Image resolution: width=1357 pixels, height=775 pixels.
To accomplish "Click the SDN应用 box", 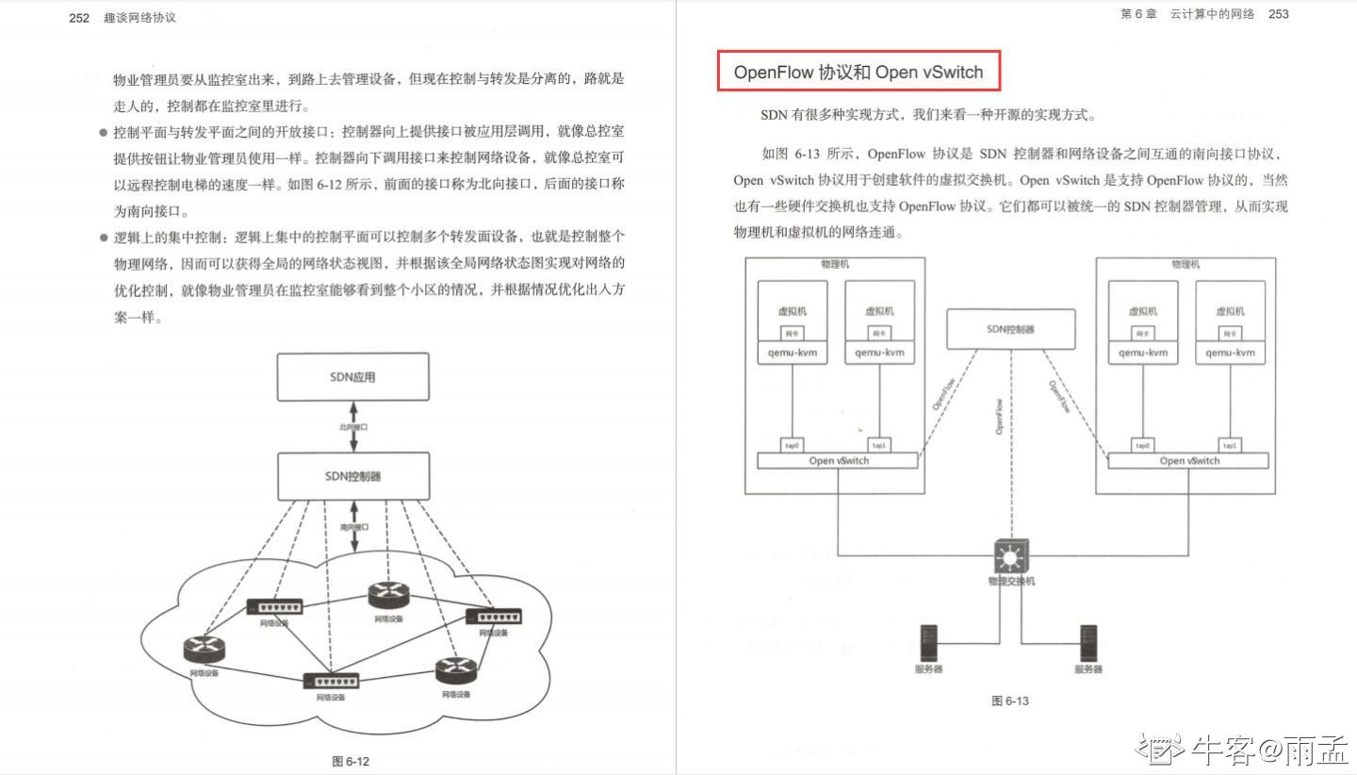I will pos(352,377).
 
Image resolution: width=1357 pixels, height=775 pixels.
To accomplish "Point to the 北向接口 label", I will pos(353,427).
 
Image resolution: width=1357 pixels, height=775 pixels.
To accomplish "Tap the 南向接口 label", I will pos(353,527).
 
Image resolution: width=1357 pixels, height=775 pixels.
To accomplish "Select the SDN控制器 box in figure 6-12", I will pos(352,476).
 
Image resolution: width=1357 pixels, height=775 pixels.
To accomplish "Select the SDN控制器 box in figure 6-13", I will pos(1010,329).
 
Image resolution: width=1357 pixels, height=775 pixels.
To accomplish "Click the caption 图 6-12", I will pos(351,762).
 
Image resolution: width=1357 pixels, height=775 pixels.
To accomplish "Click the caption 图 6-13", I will pos(1010,701).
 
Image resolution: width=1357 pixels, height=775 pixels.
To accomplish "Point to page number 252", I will pos(79,17).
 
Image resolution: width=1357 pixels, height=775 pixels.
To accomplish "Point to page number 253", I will pos(1279,14).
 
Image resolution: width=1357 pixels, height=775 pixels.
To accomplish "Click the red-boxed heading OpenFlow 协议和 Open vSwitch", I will pos(858,72).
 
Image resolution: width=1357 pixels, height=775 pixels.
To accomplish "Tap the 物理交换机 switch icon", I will pos(1011,558).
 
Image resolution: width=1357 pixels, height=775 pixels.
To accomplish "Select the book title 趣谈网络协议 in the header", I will pos(139,17).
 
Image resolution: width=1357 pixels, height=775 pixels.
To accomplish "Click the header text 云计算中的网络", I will pos(1212,14).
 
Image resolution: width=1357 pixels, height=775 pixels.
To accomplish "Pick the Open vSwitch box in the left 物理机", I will pos(838,461).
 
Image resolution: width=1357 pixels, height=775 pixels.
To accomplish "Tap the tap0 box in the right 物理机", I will pos(1142,445).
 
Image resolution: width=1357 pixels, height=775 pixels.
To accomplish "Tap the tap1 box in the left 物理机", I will pos(878,445).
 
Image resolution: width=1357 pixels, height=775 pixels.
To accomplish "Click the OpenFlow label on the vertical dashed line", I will pos(999,416).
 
